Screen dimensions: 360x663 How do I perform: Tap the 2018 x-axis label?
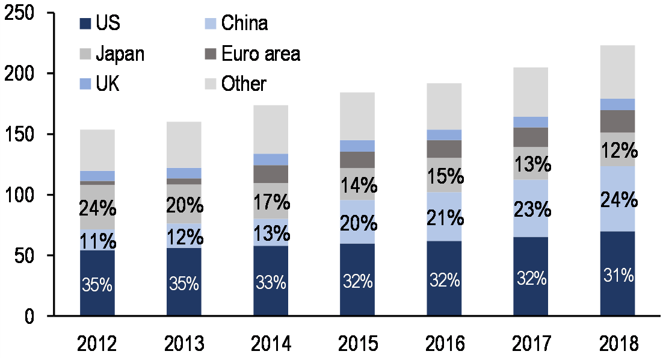617,345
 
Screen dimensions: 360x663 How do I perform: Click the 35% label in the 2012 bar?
97,284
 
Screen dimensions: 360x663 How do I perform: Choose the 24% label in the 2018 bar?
617,199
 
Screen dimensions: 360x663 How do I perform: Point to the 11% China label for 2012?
97,241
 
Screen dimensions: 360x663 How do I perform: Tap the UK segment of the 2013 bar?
184,173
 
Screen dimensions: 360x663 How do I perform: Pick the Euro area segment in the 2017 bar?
531,137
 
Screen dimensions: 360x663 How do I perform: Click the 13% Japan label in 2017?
531,163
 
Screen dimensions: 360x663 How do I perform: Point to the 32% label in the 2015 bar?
357,281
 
